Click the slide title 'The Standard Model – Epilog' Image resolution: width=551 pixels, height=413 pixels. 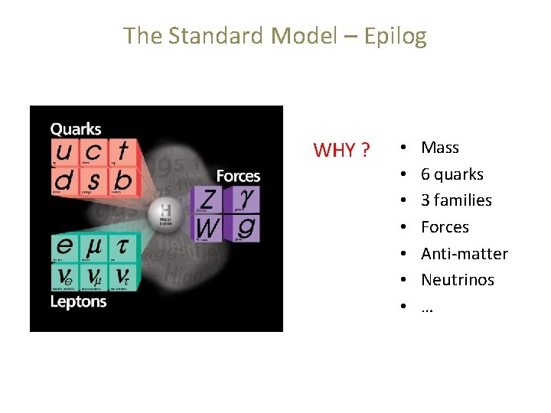[x=275, y=36]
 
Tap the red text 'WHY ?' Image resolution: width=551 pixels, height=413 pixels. [x=342, y=150]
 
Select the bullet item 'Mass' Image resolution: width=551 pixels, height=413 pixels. [x=440, y=148]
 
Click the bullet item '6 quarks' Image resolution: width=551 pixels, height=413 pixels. [x=452, y=174]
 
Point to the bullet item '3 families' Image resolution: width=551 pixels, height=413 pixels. [x=456, y=200]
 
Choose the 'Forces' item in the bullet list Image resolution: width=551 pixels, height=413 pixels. [x=445, y=227]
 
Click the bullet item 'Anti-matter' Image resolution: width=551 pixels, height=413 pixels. [x=464, y=254]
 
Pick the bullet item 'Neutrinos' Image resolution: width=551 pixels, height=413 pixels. [x=457, y=280]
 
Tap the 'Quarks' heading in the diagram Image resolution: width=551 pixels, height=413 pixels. [x=76, y=129]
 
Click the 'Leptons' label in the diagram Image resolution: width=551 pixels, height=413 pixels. [x=78, y=301]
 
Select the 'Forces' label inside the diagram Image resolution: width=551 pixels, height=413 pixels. [x=238, y=177]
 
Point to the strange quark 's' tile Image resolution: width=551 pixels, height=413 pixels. [x=93, y=182]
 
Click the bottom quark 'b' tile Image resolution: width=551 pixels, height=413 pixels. [x=122, y=182]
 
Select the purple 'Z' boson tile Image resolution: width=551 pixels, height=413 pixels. [x=207, y=200]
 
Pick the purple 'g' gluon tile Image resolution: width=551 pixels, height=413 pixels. [x=246, y=227]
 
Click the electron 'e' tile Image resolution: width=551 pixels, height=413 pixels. [x=64, y=247]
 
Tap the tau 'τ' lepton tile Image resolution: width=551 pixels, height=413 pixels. [x=122, y=247]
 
